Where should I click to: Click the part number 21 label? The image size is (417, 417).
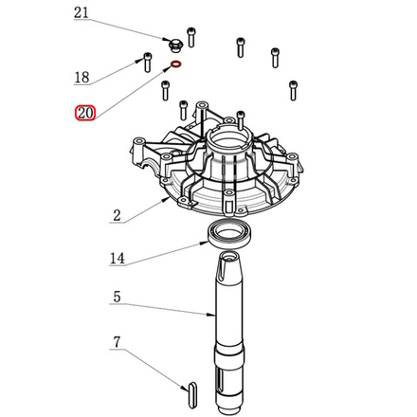[81, 13]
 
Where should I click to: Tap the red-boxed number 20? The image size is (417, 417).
[84, 114]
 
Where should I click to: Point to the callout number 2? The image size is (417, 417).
[116, 216]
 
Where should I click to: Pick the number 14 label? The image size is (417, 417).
[118, 257]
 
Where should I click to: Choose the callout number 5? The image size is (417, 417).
[116, 298]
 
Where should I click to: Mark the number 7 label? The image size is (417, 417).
[117, 340]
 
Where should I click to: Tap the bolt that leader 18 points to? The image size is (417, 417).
[147, 61]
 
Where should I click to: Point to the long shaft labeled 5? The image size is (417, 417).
[230, 322]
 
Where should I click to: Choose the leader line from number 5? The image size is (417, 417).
[166, 307]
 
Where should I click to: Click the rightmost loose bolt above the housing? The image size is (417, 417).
[292, 89]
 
